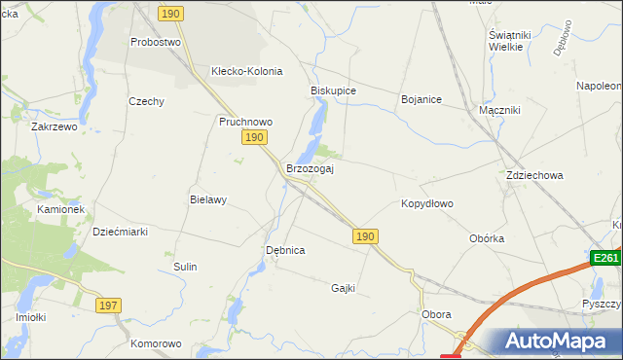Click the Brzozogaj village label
coord(310,169)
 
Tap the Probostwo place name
coord(156,43)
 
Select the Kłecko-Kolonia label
coord(246,71)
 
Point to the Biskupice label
coord(333,90)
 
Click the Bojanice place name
coord(421,99)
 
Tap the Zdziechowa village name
coord(534,176)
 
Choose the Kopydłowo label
coord(427,204)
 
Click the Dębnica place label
coord(285,250)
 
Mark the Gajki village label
coord(343,288)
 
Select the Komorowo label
coord(156,343)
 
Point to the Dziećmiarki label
coord(119,232)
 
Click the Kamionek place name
coord(61,209)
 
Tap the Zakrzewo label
coord(54,127)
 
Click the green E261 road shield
coord(605,258)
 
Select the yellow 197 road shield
coord(109,306)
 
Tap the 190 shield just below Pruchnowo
coord(253,139)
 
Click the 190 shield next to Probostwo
coord(171,13)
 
